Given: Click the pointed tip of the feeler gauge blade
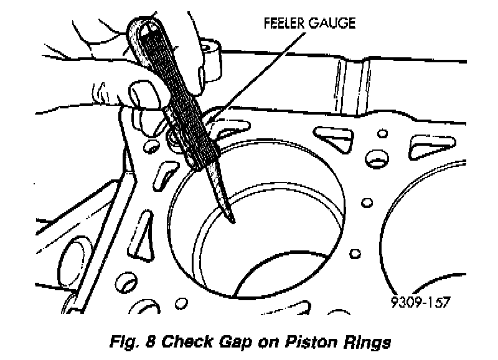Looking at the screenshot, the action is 232,220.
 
